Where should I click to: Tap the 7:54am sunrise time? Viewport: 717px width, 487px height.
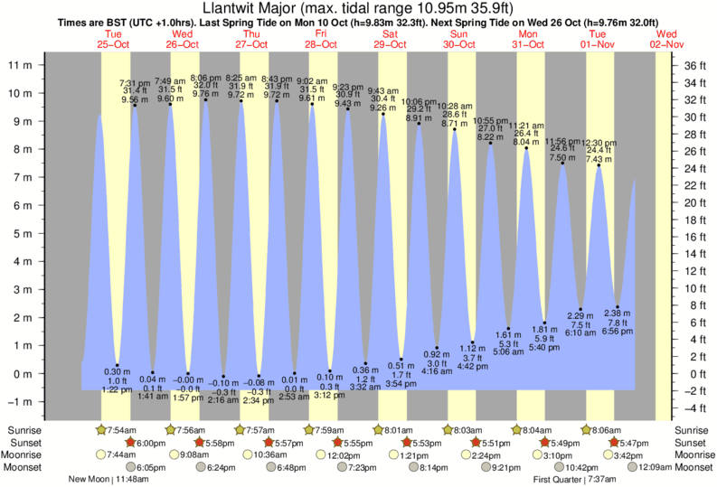pyautogui.click(x=121, y=430)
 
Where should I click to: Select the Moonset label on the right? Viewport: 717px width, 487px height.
pyautogui.click(x=693, y=467)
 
